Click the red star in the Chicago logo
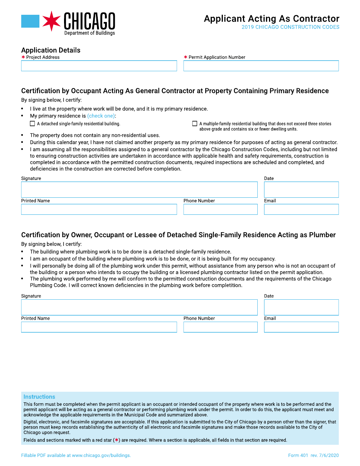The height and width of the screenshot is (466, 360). (52, 21)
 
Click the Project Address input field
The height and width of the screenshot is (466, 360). (99, 66)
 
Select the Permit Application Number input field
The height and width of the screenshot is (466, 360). (261, 66)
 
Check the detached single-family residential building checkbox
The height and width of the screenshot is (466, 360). (32, 124)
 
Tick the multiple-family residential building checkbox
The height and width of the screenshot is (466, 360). (195, 124)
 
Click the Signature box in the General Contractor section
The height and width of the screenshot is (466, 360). (139, 189)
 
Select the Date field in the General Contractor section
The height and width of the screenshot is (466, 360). (301, 189)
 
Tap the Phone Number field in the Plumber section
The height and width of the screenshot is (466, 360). (220, 327)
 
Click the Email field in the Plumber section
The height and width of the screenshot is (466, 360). (301, 327)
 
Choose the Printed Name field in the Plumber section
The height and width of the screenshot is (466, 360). (99, 327)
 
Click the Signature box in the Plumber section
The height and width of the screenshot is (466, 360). (139, 307)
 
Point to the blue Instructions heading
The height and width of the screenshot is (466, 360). (39, 397)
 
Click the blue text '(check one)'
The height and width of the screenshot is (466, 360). (101, 116)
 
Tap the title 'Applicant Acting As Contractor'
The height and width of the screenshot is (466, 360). (271, 19)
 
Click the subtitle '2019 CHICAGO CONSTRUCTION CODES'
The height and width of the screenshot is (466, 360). (290, 27)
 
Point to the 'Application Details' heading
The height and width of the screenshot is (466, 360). (51, 50)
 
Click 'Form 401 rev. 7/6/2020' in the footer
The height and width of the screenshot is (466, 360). (313, 455)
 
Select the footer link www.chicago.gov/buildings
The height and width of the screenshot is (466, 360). (101, 455)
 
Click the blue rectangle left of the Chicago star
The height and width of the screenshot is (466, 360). (30, 21)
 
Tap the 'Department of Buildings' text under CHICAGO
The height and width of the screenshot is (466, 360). (89, 33)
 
